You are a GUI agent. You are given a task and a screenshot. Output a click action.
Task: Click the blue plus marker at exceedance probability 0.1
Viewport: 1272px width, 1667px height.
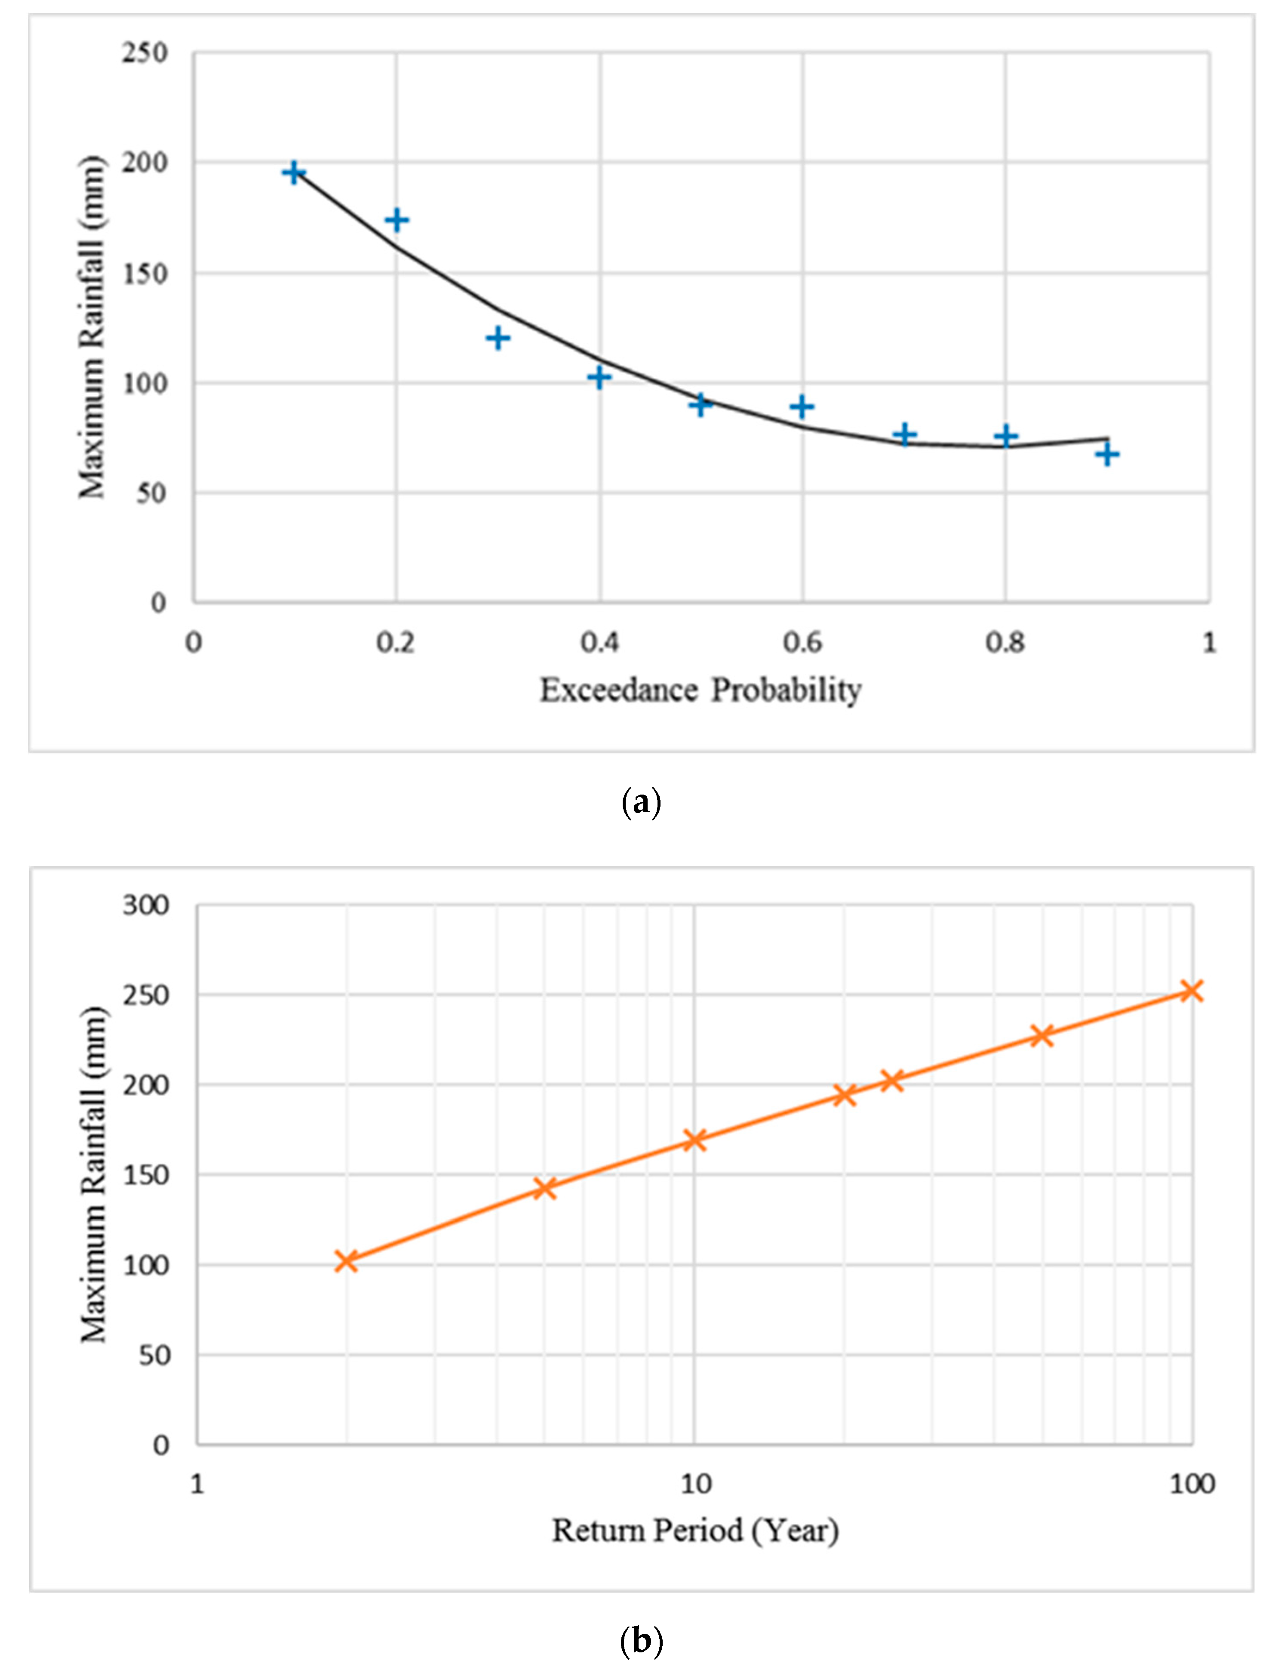(x=294, y=173)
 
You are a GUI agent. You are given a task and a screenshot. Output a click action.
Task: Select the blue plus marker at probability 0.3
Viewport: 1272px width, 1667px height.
(x=498, y=338)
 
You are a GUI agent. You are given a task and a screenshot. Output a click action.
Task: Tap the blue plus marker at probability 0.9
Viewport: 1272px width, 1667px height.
(x=1107, y=454)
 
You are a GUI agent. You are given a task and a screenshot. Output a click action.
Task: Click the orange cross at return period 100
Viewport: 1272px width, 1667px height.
(x=1192, y=991)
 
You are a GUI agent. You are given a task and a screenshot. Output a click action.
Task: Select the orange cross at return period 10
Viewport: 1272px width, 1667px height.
(x=694, y=1140)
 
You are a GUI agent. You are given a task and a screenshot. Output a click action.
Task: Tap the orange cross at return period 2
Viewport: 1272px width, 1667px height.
(x=346, y=1261)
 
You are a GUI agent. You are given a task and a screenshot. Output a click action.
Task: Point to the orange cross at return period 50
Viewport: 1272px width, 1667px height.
(x=1043, y=1035)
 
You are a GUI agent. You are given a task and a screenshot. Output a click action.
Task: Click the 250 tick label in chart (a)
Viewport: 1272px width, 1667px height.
(x=144, y=53)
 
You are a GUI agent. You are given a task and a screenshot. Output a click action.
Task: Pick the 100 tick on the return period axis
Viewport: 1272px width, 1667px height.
(x=1192, y=1484)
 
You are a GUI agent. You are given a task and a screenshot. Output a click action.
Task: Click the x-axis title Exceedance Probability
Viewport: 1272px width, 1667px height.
(x=701, y=690)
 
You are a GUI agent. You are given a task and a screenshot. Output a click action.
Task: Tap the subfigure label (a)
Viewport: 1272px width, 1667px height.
(x=641, y=801)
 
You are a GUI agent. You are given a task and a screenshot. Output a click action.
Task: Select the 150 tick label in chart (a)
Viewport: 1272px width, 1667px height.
(x=144, y=274)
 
